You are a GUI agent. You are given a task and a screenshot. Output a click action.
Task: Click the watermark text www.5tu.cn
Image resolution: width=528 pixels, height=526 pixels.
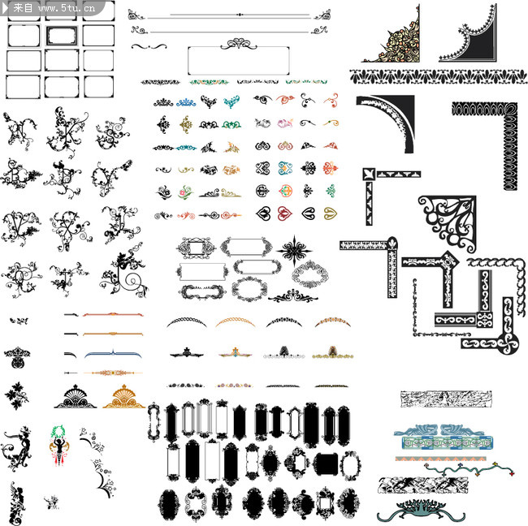tap(67, 8)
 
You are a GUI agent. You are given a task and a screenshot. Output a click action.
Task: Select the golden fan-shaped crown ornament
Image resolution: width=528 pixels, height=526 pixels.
tap(123, 397)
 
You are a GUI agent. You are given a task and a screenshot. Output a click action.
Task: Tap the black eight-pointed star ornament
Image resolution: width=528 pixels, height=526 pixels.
tap(294, 250)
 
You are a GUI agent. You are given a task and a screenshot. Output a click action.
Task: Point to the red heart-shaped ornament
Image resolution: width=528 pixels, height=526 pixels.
tap(284, 213)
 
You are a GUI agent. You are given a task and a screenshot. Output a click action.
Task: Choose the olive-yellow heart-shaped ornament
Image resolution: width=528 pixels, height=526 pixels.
tap(331, 213)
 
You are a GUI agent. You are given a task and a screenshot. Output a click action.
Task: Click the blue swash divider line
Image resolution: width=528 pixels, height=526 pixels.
tap(113, 354)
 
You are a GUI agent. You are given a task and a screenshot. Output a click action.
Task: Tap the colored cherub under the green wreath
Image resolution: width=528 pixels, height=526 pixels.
tap(59, 445)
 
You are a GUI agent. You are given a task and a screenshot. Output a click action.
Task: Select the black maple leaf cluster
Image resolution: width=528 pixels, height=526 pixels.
tap(16, 396)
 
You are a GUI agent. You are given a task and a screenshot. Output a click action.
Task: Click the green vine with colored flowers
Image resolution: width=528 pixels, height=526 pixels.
tap(469, 469)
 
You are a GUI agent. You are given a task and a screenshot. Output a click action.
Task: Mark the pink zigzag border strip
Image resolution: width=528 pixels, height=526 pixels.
tap(441, 459)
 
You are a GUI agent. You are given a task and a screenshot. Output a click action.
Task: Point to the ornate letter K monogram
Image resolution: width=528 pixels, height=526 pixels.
tap(67, 131)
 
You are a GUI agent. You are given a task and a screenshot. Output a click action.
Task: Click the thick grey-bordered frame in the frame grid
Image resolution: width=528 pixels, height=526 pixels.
tap(62, 36)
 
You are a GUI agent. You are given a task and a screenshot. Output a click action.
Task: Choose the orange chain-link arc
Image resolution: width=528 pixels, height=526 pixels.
tap(236, 321)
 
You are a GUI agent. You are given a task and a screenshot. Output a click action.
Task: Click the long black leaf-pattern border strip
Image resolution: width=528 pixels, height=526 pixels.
tap(438, 76)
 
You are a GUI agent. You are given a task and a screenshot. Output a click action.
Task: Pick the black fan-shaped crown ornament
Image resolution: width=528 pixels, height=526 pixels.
tap(76, 397)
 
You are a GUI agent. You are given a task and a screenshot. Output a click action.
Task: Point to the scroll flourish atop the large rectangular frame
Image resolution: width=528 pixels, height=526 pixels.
tap(238, 44)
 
